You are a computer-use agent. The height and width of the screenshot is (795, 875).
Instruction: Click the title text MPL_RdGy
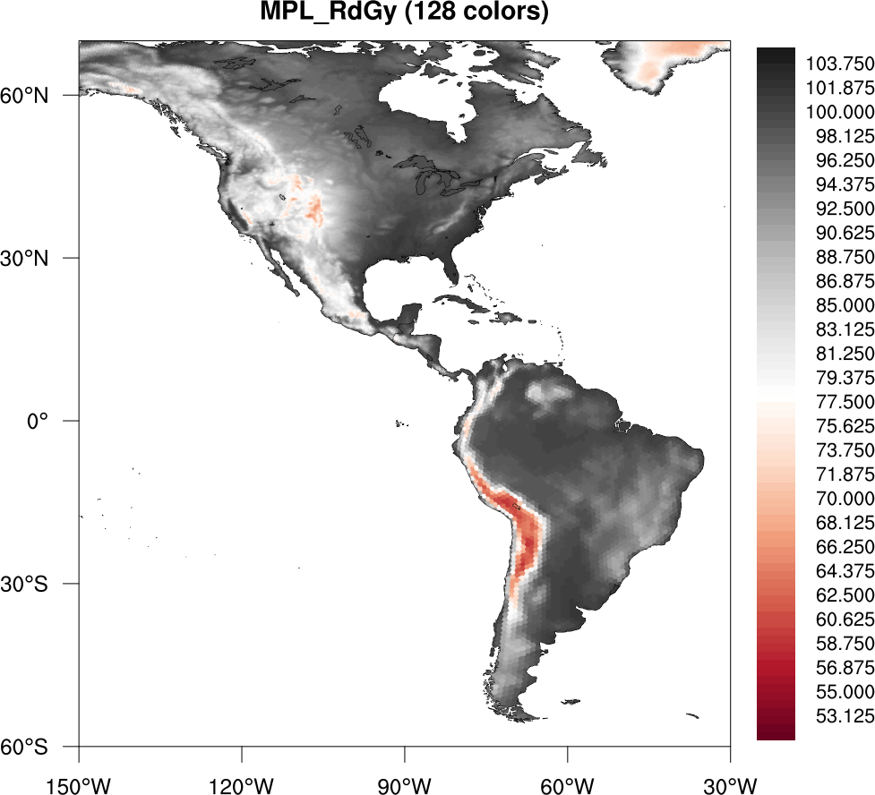327,13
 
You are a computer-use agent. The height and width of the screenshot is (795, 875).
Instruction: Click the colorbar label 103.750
839,64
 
